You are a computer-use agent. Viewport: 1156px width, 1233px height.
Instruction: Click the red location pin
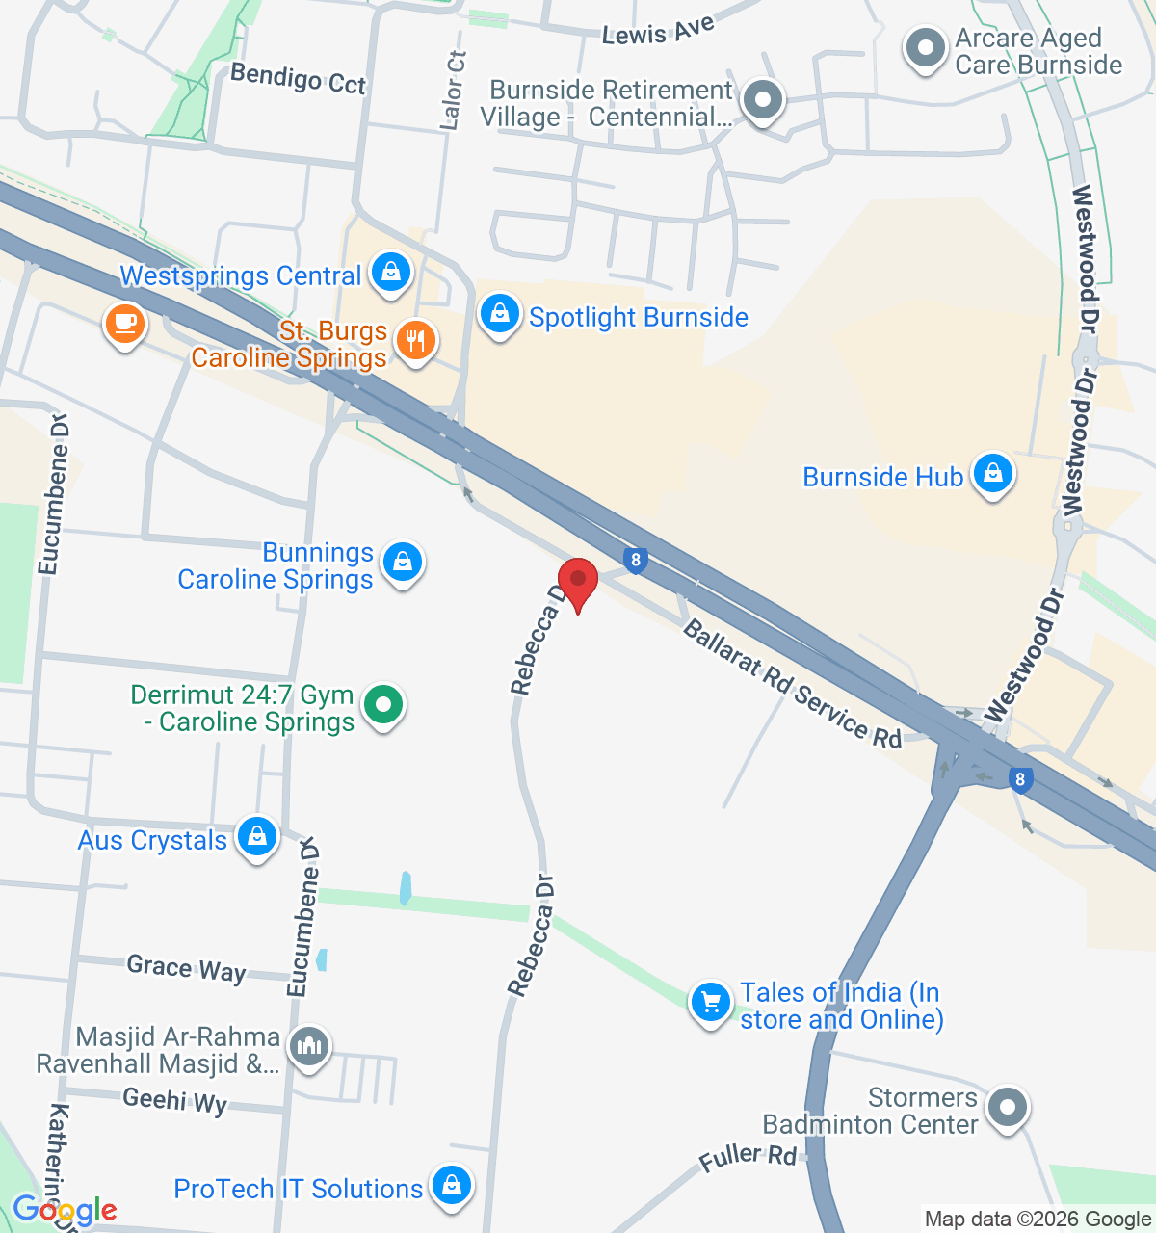pos(578,581)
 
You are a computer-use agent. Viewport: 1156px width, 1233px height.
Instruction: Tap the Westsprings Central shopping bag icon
pos(390,273)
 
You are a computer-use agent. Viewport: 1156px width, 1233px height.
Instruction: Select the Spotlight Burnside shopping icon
pos(500,314)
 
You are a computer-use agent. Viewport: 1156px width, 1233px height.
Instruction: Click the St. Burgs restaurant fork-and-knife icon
pos(415,341)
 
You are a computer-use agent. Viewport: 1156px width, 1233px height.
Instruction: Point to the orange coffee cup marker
pos(124,323)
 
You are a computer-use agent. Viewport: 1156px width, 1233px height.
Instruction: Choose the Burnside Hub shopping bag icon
pos(991,474)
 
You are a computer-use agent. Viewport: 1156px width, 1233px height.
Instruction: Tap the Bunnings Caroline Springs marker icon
pos(402,562)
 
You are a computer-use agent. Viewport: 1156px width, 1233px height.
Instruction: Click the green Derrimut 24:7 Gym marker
pos(383,705)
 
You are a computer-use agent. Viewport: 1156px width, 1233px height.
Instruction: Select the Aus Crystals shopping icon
pos(256,837)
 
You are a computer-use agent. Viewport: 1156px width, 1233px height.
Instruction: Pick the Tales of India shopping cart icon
pos(711,1004)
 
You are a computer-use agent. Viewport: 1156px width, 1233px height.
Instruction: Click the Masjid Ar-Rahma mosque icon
pos(310,1046)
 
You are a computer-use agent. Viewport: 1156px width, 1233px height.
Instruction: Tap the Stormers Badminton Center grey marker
pos(1008,1108)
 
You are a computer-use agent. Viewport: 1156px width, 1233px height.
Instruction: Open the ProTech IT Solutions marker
pos(451,1187)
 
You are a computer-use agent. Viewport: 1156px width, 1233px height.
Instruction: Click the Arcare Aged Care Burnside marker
pos(926,48)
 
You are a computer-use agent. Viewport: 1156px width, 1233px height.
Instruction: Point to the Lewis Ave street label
pos(658,31)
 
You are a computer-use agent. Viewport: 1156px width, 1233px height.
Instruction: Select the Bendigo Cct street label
pos(299,79)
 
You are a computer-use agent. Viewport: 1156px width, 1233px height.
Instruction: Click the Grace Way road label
pos(186,968)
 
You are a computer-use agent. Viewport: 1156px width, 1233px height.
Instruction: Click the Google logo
pos(65,1210)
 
